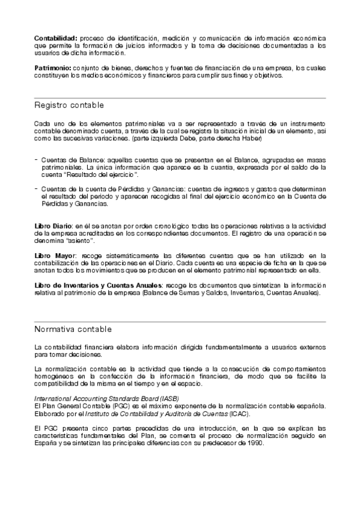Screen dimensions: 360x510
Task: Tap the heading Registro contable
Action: pyautogui.click(x=69, y=106)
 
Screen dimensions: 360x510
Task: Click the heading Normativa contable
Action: pyautogui.click(x=73, y=330)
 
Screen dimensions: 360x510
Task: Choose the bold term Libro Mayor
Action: pyautogui.click(x=55, y=256)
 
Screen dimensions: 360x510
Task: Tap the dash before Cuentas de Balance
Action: pyautogui.click(x=36, y=159)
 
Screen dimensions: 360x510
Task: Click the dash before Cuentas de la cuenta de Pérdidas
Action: pyautogui.click(x=36, y=189)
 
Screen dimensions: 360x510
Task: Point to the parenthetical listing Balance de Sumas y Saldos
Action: pyautogui.click(x=232, y=293)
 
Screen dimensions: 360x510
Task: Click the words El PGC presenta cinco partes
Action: pyautogui.click(x=74, y=428)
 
